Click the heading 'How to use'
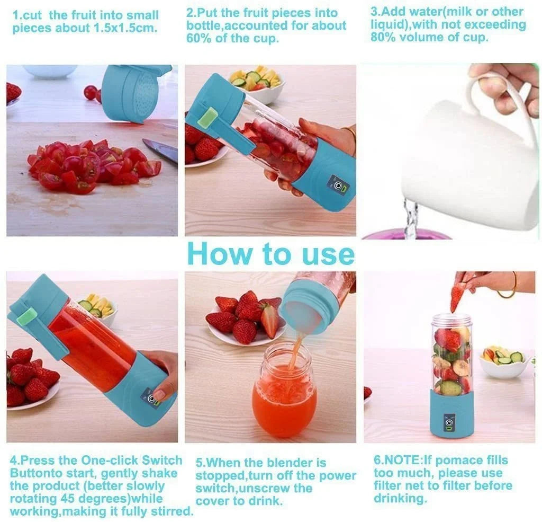click(270, 253)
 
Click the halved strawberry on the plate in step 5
click(269, 321)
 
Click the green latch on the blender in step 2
click(207, 118)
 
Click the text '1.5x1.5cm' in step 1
click(127, 28)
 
